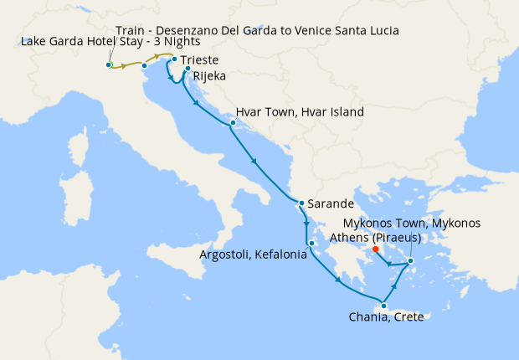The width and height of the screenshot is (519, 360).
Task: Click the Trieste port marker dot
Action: [x=173, y=59]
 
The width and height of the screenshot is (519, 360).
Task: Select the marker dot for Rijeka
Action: [x=188, y=69]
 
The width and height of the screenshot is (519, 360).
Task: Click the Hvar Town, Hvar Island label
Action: [x=300, y=111]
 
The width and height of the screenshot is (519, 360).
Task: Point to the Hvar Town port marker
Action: [x=232, y=123]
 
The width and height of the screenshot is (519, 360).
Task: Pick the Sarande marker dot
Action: [x=301, y=203]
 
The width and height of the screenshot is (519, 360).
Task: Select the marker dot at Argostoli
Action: [x=311, y=244]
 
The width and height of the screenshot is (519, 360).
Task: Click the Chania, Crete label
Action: [x=388, y=316]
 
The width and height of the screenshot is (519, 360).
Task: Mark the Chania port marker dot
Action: [x=383, y=305]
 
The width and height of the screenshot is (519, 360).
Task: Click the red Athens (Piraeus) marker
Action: [x=376, y=249]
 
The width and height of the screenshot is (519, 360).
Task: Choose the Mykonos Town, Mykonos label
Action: [x=413, y=224]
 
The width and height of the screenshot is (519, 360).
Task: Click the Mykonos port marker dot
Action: [x=411, y=262]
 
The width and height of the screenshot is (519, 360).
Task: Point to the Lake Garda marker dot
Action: [x=109, y=64]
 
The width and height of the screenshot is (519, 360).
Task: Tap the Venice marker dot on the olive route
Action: [x=144, y=65]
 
